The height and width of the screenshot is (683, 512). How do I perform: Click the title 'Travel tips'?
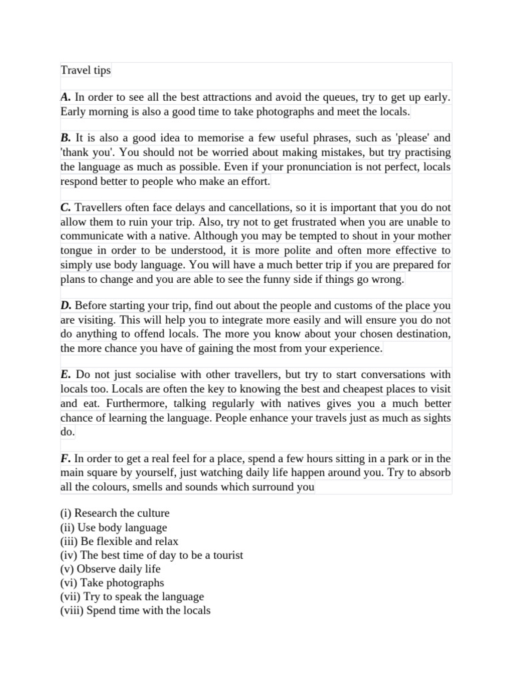pyautogui.click(x=85, y=70)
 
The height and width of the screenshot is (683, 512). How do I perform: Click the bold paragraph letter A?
pyautogui.click(x=65, y=97)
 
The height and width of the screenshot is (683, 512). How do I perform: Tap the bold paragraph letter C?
pyautogui.click(x=65, y=207)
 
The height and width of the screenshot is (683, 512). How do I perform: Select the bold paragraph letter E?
pyautogui.click(x=65, y=375)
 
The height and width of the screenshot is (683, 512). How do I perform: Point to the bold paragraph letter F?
pyautogui.click(x=65, y=458)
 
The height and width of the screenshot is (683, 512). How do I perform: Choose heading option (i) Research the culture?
pyautogui.click(x=115, y=514)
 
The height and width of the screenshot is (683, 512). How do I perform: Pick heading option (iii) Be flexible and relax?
pyautogui.click(x=119, y=542)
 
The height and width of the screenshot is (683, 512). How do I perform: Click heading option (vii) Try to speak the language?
pyautogui.click(x=131, y=597)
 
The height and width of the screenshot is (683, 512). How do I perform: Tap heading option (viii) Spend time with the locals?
pyautogui.click(x=135, y=610)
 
